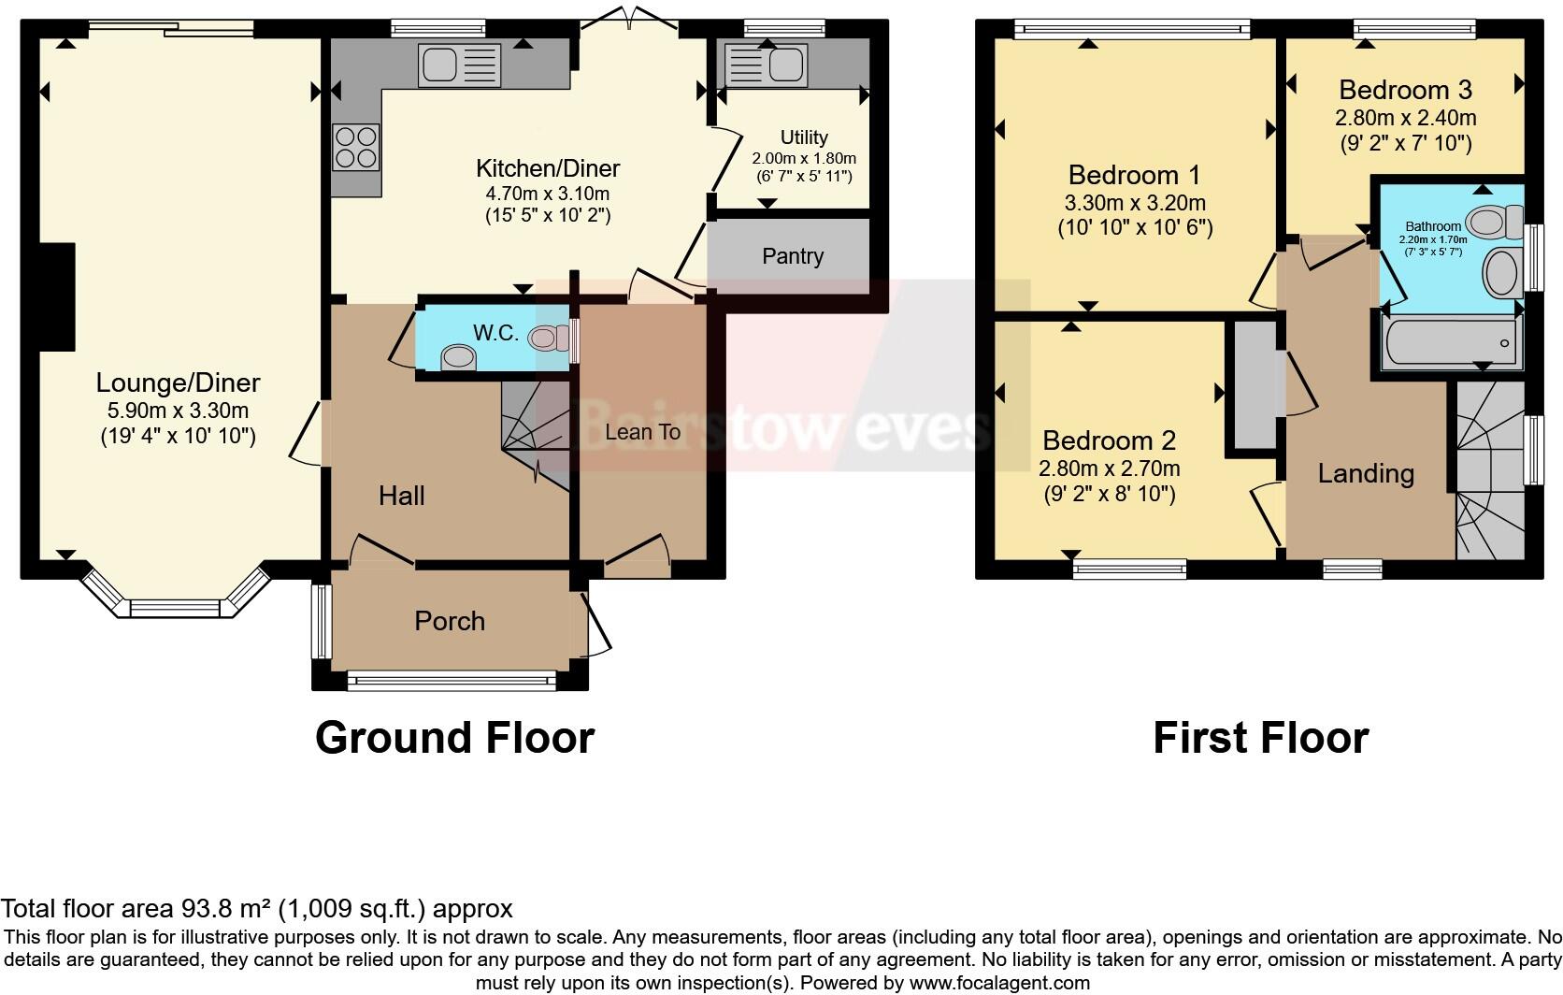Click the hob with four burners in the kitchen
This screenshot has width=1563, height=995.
(356, 148)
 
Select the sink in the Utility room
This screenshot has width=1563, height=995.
(767, 66)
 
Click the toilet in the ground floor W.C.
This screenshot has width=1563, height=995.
(548, 336)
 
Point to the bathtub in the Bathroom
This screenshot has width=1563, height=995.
(1448, 344)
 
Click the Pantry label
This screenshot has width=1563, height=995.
(793, 256)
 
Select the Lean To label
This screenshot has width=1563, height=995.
(642, 431)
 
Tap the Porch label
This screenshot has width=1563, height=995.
(450, 621)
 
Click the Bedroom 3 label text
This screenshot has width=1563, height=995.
(1405, 90)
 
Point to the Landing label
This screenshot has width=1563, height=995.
(1366, 473)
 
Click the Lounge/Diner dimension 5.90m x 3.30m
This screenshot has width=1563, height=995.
(177, 411)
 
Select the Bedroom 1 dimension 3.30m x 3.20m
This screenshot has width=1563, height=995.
(1135, 203)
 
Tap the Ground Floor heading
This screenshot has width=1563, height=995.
(454, 738)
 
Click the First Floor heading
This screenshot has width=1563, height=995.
(1260, 738)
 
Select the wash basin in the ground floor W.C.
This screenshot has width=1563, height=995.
(457, 356)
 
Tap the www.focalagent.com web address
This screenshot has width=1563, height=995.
(1000, 983)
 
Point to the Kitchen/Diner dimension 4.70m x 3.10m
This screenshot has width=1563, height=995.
(547, 195)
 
